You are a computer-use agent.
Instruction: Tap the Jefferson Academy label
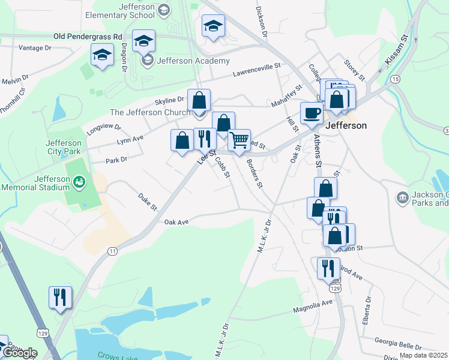[193, 61]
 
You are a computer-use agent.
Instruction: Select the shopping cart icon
[239, 140]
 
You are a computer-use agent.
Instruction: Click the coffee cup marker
[312, 113]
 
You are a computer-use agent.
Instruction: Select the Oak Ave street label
[176, 222]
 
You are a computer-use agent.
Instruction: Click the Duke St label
[146, 202]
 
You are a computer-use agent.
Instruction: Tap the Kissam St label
[397, 48]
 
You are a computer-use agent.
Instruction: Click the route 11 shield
[112, 251]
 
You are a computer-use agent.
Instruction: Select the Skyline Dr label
[170, 100]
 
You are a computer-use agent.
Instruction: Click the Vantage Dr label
[35, 47]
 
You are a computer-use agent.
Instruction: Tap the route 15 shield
[395, 79]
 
